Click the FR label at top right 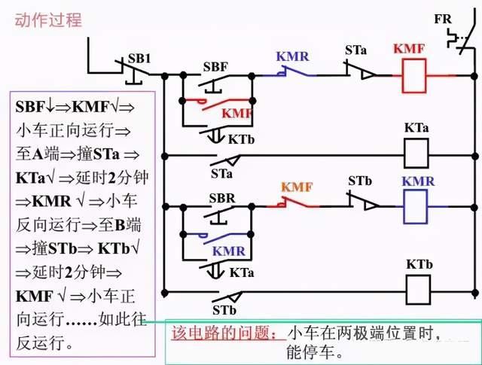443,19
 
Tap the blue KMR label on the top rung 292,56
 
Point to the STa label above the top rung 356,50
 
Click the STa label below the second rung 222,173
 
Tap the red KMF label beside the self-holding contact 236,113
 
